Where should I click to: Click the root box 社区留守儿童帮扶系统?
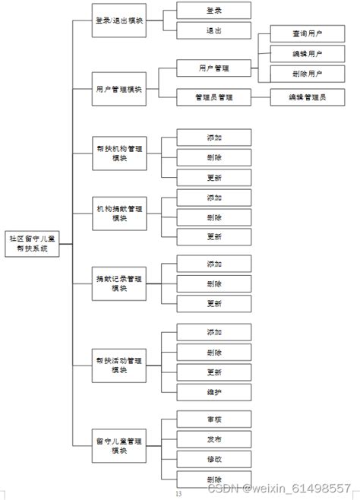32,243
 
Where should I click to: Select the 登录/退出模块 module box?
119,21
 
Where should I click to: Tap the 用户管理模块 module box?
119,89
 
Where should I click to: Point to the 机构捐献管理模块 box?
119,213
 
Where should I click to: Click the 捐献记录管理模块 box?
119,283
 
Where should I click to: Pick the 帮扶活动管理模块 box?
119,365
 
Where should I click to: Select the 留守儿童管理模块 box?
119,445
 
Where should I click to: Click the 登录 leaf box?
214,11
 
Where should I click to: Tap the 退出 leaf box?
214,30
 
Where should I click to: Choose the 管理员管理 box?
214,97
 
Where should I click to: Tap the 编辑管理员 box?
307,97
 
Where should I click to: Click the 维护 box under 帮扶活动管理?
214,392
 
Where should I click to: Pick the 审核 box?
214,419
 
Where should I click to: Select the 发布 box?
214,439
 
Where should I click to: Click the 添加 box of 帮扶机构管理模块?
214,138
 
